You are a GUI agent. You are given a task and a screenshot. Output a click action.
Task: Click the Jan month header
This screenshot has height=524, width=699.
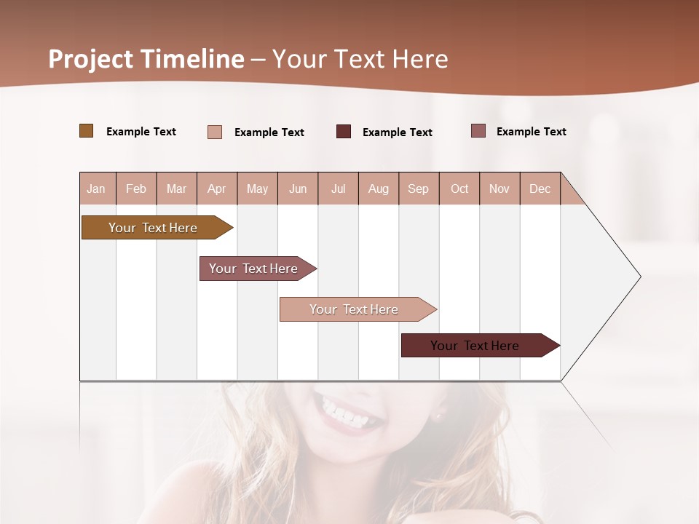(x=96, y=188)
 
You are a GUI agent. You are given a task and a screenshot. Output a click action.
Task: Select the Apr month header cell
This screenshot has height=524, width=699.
(x=217, y=188)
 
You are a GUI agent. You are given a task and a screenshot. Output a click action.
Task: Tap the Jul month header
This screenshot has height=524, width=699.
(x=338, y=188)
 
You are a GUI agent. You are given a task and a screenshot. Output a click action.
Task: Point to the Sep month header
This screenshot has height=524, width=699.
(x=418, y=188)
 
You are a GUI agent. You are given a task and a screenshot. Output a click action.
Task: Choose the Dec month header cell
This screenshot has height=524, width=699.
(x=540, y=188)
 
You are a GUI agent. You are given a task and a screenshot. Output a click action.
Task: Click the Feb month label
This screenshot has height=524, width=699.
(x=136, y=188)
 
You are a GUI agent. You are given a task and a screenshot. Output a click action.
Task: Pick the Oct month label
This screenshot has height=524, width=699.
(x=459, y=188)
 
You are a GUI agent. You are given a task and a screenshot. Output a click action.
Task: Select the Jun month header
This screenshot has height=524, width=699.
(x=298, y=188)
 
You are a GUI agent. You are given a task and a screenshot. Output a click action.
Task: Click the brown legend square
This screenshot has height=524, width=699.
(x=87, y=131)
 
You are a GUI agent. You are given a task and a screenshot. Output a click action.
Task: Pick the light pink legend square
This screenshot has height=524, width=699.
(x=215, y=132)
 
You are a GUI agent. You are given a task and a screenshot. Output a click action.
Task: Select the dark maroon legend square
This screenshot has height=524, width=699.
(x=344, y=131)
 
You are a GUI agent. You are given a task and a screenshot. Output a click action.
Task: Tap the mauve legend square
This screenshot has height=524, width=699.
(x=478, y=131)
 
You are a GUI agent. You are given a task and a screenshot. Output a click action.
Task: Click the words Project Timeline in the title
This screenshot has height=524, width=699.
(x=146, y=59)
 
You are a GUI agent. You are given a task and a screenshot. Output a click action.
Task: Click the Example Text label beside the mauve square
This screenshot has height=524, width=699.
(x=531, y=132)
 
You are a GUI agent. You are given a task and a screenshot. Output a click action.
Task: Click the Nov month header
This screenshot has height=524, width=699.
(x=499, y=188)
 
